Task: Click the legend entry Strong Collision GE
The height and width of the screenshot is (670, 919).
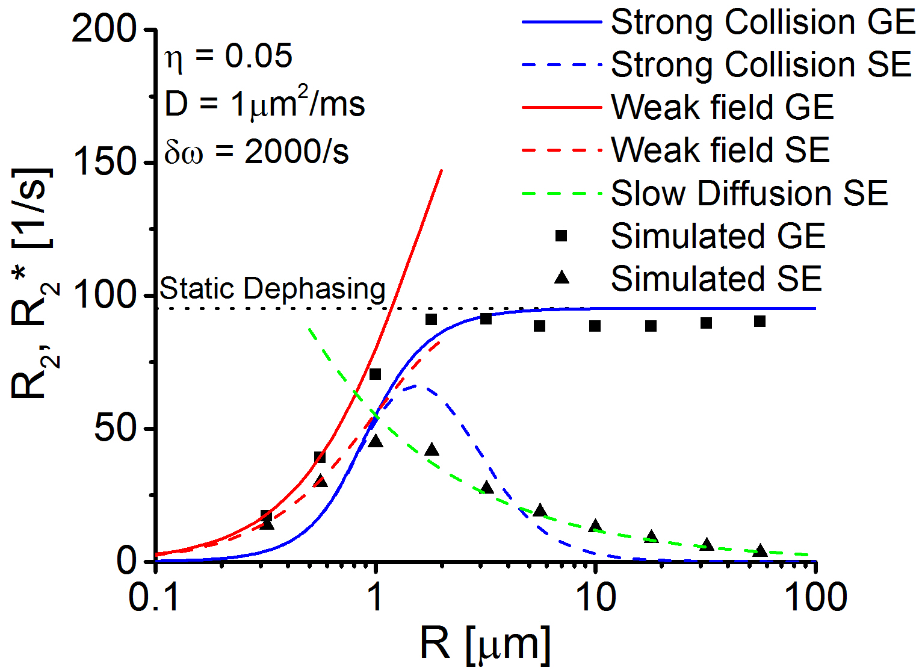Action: [x=763, y=22]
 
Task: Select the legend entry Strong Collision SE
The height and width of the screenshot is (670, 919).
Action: [x=761, y=64]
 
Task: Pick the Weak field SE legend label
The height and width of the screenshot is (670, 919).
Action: [x=720, y=150]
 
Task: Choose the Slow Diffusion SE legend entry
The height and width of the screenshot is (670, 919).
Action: [x=749, y=193]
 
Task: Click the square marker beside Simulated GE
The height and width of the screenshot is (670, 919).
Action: [x=562, y=236]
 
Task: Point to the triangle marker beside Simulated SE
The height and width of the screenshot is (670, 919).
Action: [x=562, y=278]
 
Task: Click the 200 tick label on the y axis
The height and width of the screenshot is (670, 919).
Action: [x=104, y=28]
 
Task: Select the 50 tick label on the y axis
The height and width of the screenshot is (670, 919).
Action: [x=116, y=429]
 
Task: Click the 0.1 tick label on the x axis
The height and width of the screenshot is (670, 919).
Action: [x=155, y=598]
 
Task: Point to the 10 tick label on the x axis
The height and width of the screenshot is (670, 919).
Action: [x=595, y=598]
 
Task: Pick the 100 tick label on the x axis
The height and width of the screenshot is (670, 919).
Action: [x=815, y=598]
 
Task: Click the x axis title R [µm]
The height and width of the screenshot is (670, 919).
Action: [x=485, y=644]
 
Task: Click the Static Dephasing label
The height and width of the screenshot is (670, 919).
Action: [x=272, y=289]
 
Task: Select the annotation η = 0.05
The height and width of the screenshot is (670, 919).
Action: [x=229, y=57]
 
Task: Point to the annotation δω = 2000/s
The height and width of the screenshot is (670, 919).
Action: [x=256, y=152]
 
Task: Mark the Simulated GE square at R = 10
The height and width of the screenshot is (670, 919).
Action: [x=595, y=326]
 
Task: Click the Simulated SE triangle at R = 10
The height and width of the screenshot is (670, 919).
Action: [x=595, y=526]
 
